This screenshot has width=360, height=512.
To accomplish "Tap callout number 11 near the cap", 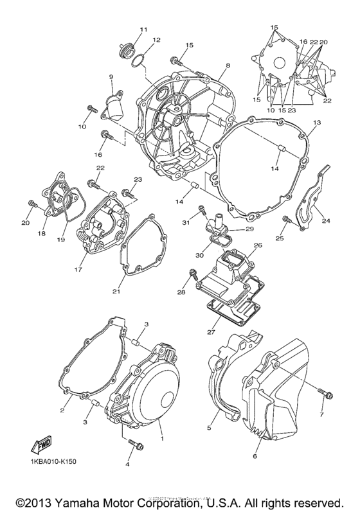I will pos(142,29).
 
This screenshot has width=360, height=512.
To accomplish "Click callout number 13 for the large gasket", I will pos(316,122).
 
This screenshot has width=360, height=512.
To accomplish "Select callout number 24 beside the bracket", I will pos(326,221).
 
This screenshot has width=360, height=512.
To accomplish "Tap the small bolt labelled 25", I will pos(287,222).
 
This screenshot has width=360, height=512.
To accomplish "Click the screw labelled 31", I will pos(202,209).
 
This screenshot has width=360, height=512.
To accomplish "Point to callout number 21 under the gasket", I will pos(116,292).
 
